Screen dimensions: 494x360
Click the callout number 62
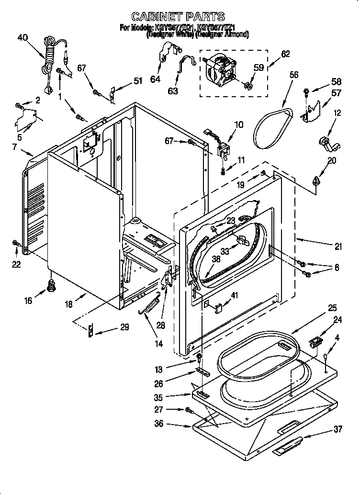point(285,55)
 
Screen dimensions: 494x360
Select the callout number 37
point(338,429)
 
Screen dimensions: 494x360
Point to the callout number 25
point(332,308)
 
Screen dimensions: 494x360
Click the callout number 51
point(138,81)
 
